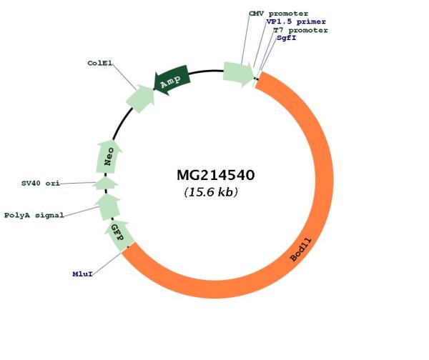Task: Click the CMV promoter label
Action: (x=278, y=13)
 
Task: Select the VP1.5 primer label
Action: (x=291, y=21)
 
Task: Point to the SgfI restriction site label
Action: (x=286, y=38)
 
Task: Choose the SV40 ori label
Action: (x=40, y=184)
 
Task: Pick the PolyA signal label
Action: (x=34, y=215)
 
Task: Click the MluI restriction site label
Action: (x=83, y=273)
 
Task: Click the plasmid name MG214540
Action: (x=215, y=175)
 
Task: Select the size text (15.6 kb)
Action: (x=211, y=192)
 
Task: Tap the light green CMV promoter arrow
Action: (x=237, y=71)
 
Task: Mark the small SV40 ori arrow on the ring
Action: (x=106, y=184)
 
